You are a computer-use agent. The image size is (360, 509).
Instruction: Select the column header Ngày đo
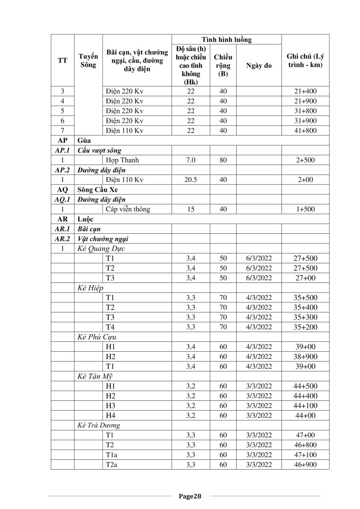[259, 66]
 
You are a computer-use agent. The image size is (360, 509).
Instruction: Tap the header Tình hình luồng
[226, 40]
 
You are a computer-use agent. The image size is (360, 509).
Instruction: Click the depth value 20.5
[191, 180]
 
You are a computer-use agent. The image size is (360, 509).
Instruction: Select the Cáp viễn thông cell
[128, 209]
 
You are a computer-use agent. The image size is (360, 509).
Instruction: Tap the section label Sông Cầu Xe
[95, 190]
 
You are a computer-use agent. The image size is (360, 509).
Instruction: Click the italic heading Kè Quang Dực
[101, 249]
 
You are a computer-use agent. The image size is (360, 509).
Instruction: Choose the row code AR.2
[62, 239]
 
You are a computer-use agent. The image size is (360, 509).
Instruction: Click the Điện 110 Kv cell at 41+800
[125, 131]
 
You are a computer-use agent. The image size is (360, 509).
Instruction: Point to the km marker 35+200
[305, 327]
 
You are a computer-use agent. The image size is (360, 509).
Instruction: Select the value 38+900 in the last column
[305, 356]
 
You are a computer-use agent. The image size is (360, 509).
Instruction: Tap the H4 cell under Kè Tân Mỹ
[110, 416]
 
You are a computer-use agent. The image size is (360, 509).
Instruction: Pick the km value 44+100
[305, 406]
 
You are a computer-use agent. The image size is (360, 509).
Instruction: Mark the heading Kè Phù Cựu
[97, 337]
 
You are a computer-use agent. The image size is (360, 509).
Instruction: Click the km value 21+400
[305, 91]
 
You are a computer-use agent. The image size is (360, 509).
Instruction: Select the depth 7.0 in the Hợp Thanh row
[191, 160]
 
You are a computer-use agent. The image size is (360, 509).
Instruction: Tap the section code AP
[62, 140]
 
